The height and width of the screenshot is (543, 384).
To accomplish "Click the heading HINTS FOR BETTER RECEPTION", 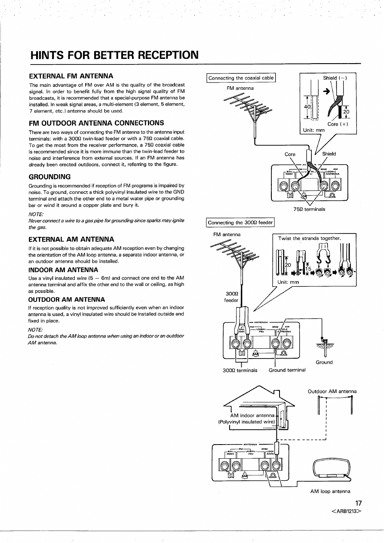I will [x=114, y=55].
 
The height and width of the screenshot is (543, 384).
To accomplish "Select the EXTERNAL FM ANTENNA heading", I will [x=71, y=76].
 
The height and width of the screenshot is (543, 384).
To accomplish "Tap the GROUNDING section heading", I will [x=49, y=177].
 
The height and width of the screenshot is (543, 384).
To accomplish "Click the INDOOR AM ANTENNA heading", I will [x=63, y=270].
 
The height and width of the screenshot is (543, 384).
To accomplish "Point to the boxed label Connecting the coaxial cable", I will [x=241, y=78].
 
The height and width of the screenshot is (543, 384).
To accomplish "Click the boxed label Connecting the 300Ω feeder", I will [x=240, y=222].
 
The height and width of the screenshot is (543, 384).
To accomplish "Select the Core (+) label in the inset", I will [x=338, y=124].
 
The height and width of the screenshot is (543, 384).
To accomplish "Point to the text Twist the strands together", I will [x=310, y=238].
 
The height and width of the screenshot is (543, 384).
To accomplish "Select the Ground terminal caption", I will [x=287, y=370].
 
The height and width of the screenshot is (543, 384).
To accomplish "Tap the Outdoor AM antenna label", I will [x=332, y=391].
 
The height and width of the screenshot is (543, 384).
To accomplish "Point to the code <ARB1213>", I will [x=346, y=512].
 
